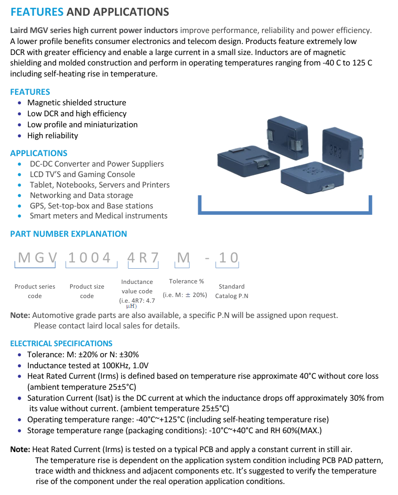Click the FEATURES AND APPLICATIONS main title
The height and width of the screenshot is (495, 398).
click(x=90, y=12)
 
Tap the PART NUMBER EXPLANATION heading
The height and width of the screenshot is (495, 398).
click(x=68, y=234)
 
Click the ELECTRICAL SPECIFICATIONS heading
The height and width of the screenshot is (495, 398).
click(x=61, y=344)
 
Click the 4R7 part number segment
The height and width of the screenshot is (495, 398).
click(x=143, y=257)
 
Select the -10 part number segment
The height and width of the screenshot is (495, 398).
click(x=223, y=257)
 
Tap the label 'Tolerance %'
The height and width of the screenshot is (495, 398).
click(x=186, y=281)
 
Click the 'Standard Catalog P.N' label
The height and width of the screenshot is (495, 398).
click(x=231, y=291)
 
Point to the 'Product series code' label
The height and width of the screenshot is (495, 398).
click(x=35, y=291)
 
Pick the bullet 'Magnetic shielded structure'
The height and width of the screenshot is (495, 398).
click(x=77, y=103)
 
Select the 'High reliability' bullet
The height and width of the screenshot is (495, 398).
click(x=52, y=136)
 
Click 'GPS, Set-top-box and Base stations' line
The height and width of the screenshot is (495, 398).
click(x=91, y=206)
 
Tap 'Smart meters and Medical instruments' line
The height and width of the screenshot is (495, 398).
click(x=99, y=216)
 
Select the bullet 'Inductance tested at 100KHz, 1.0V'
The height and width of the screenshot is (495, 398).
click(x=88, y=366)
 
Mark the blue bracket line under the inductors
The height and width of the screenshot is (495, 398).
click(x=285, y=212)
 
